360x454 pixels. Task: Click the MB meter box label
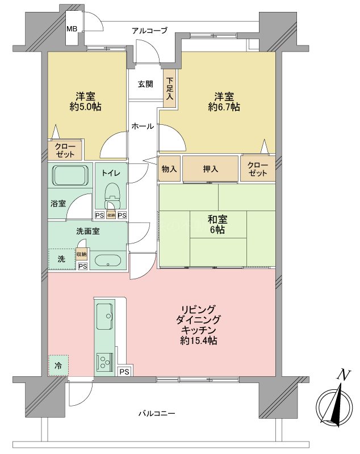point(72,29)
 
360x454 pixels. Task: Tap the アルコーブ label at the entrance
point(149,30)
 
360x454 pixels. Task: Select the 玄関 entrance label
point(145,84)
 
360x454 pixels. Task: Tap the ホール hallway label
point(143,126)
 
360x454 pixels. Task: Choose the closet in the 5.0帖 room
point(65,150)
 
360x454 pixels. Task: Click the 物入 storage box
point(169,169)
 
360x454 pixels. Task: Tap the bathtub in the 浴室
point(69,175)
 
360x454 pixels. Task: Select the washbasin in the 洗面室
point(106,262)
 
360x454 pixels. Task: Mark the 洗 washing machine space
point(61,259)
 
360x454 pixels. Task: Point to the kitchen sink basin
point(104,316)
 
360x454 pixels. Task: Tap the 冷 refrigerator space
point(58,365)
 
